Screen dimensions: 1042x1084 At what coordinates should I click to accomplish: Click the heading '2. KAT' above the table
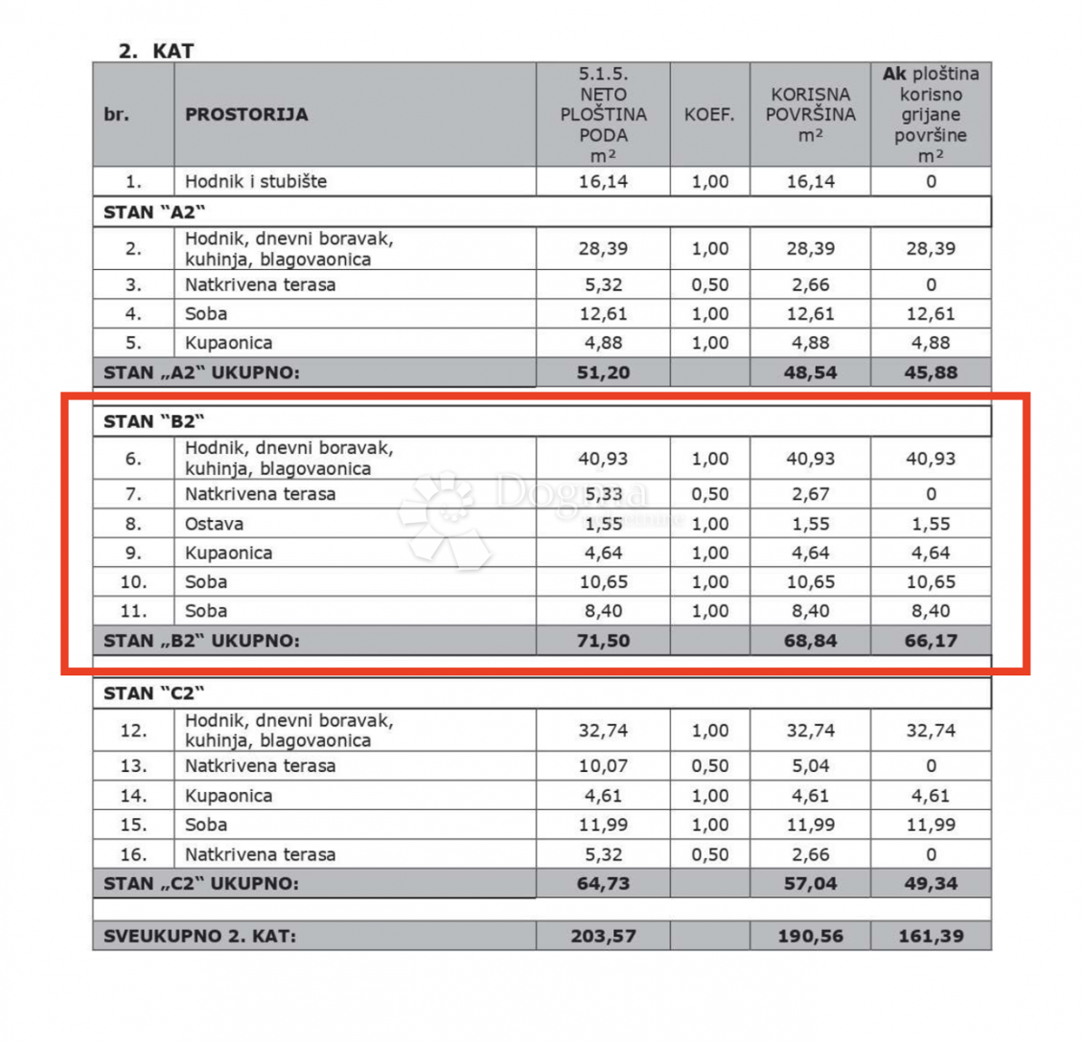pyautogui.click(x=155, y=51)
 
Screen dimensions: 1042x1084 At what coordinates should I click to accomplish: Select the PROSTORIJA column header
pyautogui.click(x=246, y=115)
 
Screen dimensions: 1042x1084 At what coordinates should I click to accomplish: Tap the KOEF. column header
pyautogui.click(x=709, y=115)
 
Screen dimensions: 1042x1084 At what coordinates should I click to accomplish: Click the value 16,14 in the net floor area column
pyautogui.click(x=603, y=181)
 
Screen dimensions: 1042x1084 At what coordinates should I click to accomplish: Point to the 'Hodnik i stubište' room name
pyautogui.click(x=256, y=181)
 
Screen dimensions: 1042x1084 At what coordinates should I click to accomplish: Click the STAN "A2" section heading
pyautogui.click(x=154, y=212)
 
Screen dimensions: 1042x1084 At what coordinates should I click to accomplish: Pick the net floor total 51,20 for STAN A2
pyautogui.click(x=603, y=373)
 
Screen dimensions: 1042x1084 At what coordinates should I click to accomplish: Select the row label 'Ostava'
pyautogui.click(x=214, y=524)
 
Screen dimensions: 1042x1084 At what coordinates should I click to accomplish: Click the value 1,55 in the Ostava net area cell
pyautogui.click(x=603, y=524)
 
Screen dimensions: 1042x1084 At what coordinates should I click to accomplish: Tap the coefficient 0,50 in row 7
pyautogui.click(x=710, y=495)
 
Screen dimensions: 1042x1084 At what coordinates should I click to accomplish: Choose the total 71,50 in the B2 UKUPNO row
pyautogui.click(x=603, y=641)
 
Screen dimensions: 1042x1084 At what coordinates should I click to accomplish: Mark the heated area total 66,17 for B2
pyautogui.click(x=930, y=641)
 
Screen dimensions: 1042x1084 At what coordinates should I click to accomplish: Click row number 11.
pyautogui.click(x=133, y=611)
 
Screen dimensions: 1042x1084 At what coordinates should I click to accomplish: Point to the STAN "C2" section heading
pyautogui.click(x=154, y=693)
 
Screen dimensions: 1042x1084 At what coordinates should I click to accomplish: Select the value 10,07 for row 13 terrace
pyautogui.click(x=603, y=767)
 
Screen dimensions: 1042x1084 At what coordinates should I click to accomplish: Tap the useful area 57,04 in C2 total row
pyautogui.click(x=810, y=884)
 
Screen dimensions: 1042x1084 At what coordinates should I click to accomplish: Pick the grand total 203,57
pyautogui.click(x=603, y=936)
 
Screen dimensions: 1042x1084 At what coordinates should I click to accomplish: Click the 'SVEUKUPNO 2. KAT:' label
pyautogui.click(x=200, y=936)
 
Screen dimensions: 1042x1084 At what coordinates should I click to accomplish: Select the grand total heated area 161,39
pyautogui.click(x=930, y=936)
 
